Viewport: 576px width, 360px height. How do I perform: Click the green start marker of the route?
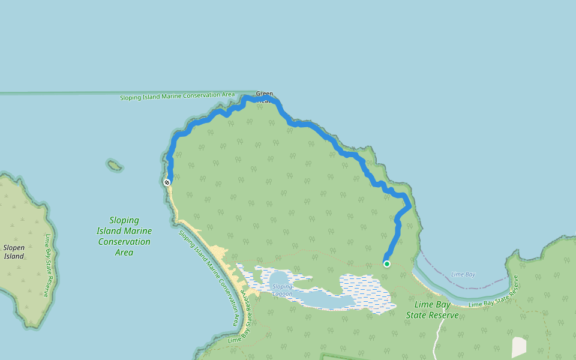(x=387, y=264)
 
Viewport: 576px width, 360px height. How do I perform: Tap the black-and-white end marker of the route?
(x=167, y=182)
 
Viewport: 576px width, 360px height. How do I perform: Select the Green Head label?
(x=264, y=94)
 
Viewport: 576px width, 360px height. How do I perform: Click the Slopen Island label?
(x=14, y=251)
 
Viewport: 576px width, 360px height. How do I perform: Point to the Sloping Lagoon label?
(x=282, y=290)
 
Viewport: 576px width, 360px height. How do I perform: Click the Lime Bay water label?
(x=463, y=274)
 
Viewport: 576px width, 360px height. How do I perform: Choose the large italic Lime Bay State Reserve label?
(x=432, y=310)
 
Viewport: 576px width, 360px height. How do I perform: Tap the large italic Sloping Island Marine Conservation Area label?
(x=124, y=236)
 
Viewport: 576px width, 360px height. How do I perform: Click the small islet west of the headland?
(x=114, y=165)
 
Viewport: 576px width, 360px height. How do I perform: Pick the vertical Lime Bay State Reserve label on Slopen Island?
(x=47, y=265)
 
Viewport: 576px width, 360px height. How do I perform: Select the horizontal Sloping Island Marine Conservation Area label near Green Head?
(x=177, y=96)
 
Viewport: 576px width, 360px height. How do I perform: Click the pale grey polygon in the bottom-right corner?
(x=519, y=347)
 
